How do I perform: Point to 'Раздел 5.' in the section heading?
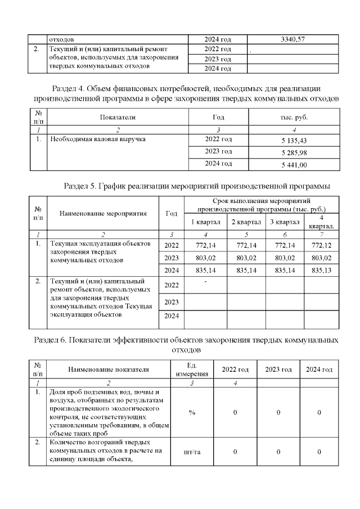click(x=83, y=185)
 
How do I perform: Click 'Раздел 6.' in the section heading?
click(x=53, y=340)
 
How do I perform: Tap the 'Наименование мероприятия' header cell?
click(x=103, y=213)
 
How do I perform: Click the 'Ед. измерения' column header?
click(x=192, y=370)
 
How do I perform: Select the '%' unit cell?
click(x=192, y=412)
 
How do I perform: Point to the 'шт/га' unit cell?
click(x=192, y=451)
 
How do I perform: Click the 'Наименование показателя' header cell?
click(x=109, y=370)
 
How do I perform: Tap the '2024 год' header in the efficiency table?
click(x=319, y=370)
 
